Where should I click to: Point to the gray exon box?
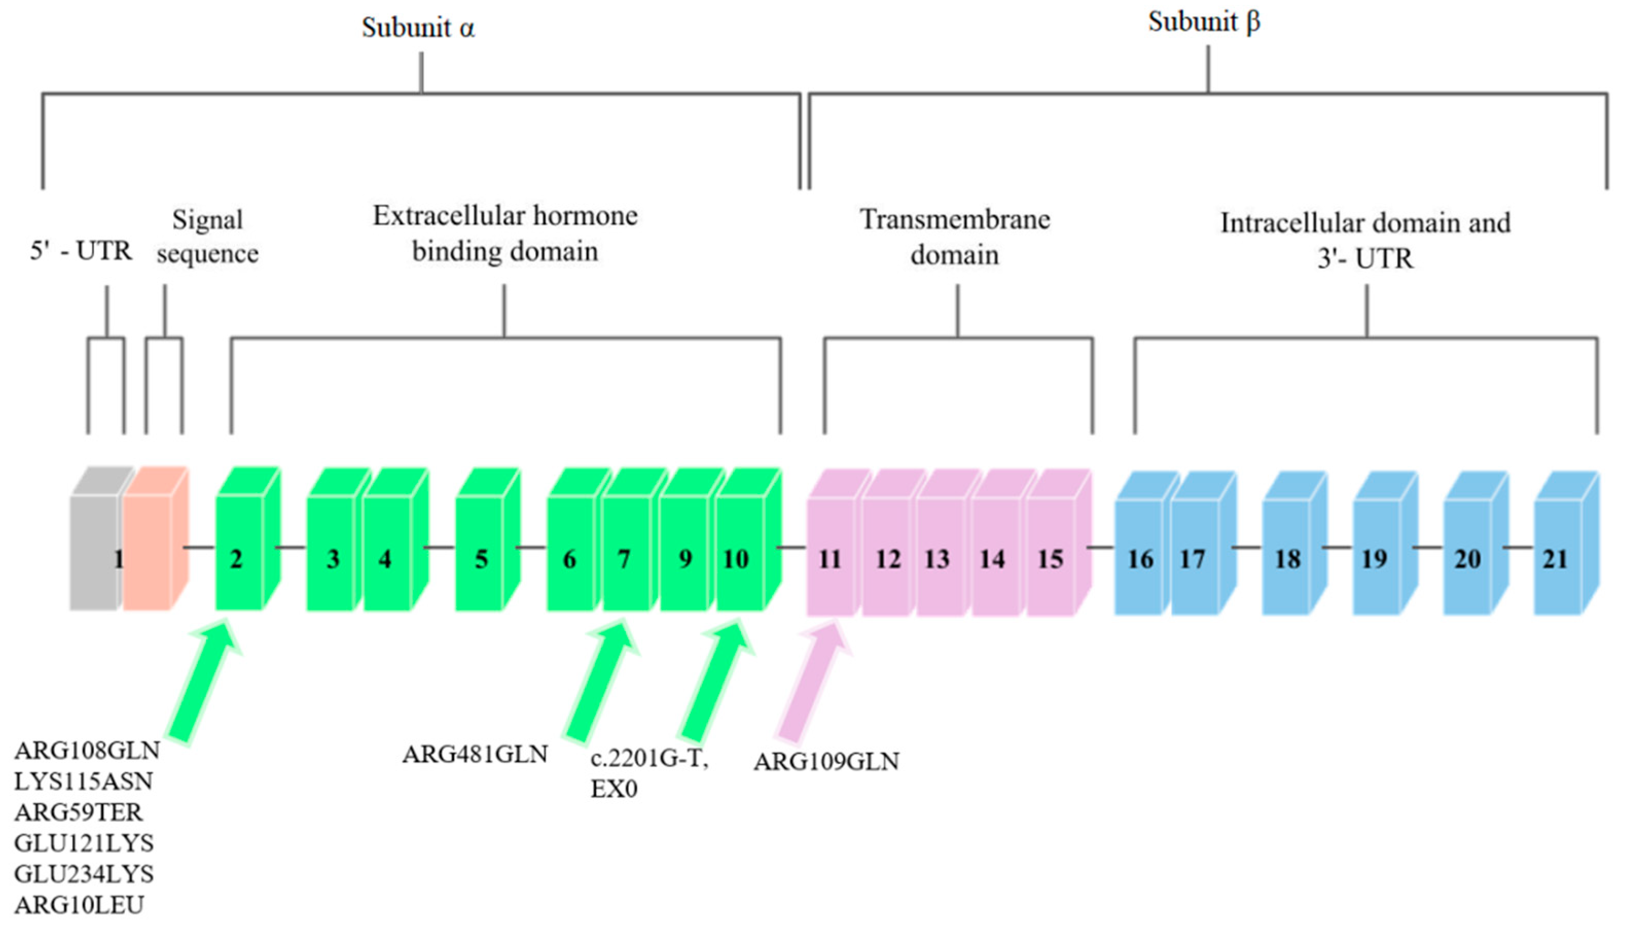(x=94, y=548)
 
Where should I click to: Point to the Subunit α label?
(x=419, y=27)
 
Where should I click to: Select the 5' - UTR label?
(x=81, y=251)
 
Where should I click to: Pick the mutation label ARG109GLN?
(x=826, y=761)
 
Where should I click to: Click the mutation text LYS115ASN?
(x=83, y=781)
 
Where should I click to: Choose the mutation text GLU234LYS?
(x=84, y=874)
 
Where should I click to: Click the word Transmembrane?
(x=955, y=220)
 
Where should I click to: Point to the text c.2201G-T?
(x=649, y=758)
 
